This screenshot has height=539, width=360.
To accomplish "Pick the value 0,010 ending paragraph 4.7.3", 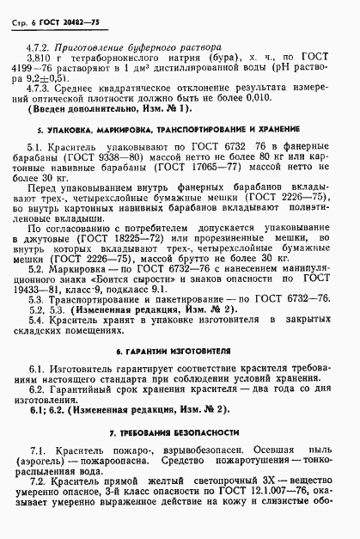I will point(290,98).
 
